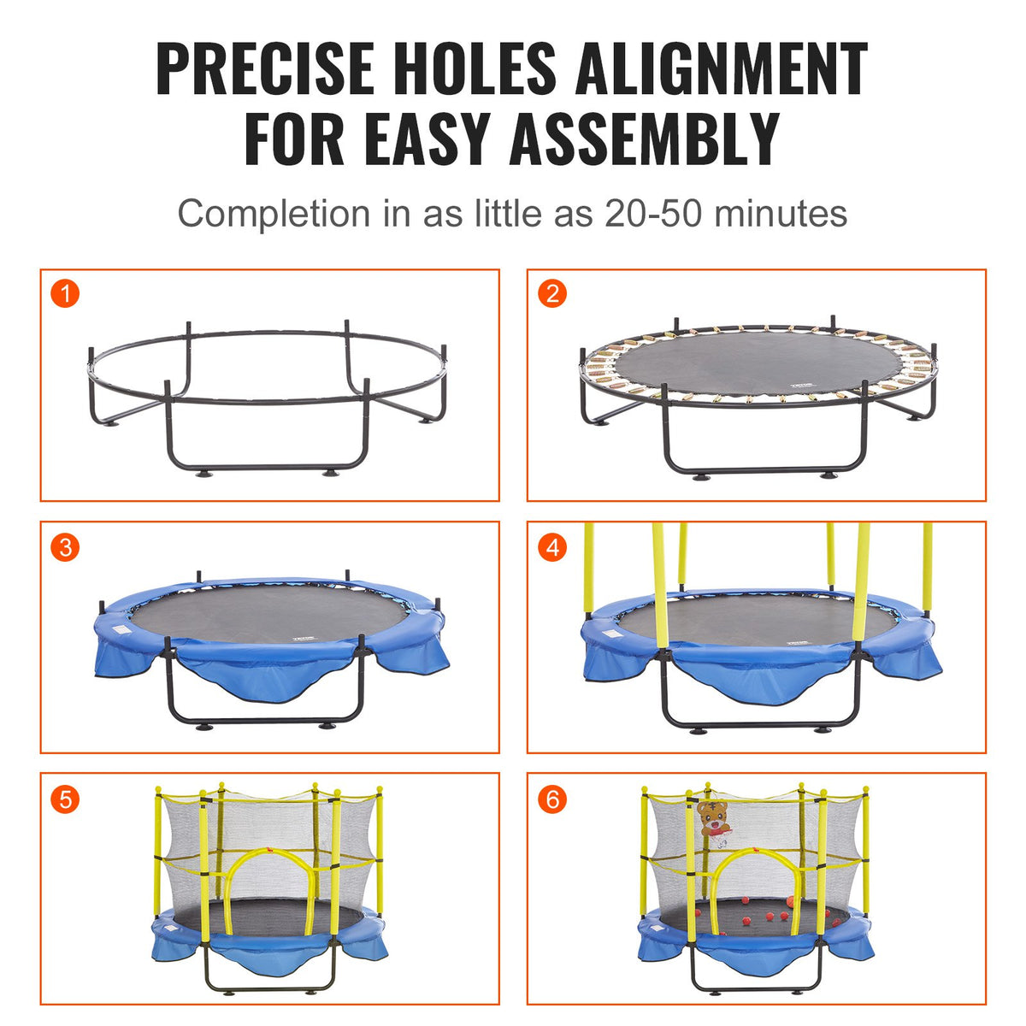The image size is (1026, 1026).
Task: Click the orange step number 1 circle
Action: click(65, 294)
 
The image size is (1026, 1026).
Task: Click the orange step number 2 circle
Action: click(551, 294)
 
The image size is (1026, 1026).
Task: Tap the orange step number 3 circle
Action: click(65, 546)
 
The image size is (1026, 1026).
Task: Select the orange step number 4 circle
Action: click(551, 546)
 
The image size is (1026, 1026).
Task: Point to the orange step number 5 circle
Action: click(65, 799)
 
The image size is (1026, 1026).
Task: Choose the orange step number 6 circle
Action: click(551, 799)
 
